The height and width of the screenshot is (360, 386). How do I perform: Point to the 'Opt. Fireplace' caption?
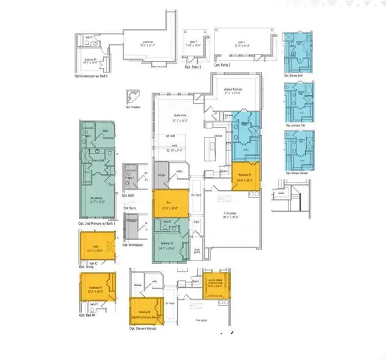coord(132,107)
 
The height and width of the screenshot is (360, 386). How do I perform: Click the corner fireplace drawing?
coord(131,97)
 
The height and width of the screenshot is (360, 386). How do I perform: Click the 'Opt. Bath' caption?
coord(129,196)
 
